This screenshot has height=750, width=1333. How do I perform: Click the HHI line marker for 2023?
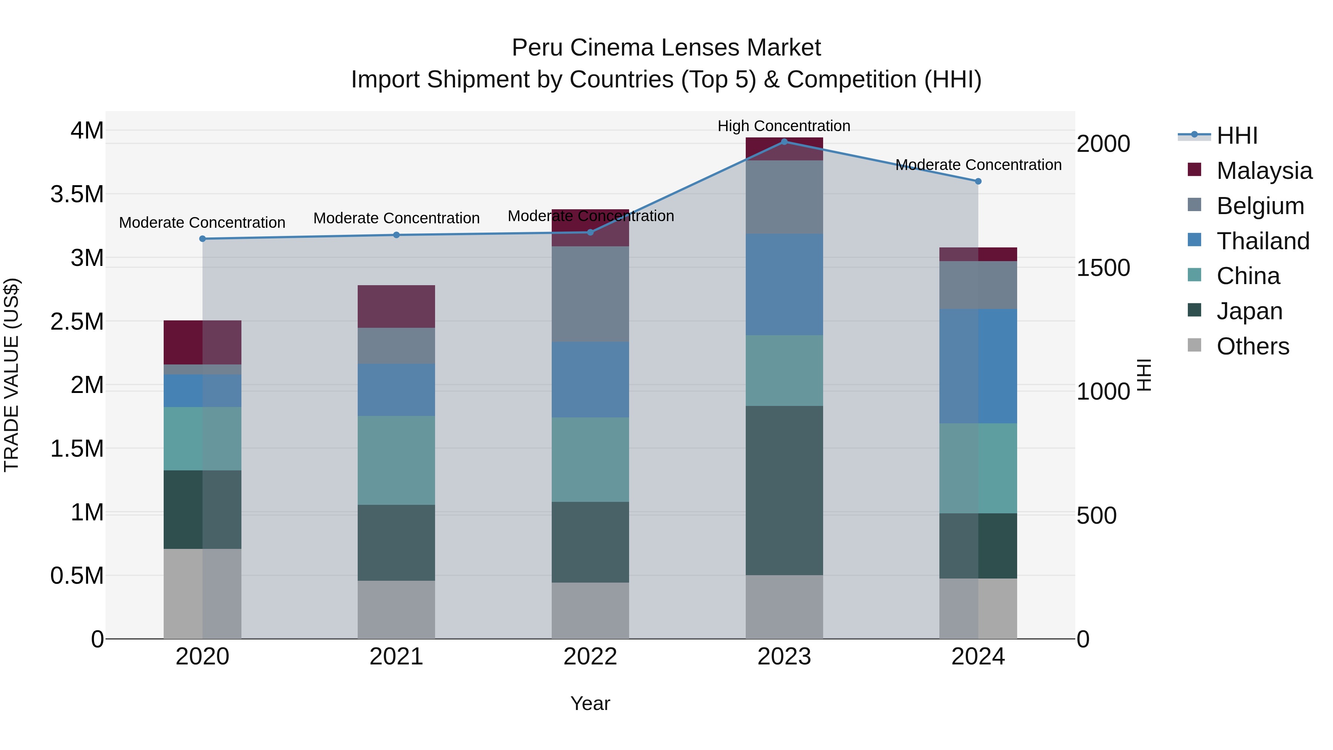coord(784,142)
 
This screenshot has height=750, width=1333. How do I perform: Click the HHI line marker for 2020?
coord(202,239)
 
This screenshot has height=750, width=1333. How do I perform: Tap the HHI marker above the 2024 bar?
coord(978,181)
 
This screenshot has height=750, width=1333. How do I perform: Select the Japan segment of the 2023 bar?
coord(784,490)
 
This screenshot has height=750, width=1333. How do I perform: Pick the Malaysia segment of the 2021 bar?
coord(396,306)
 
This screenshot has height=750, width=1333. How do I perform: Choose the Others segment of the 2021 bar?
coord(396,609)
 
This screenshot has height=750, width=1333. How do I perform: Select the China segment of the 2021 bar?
coord(396,460)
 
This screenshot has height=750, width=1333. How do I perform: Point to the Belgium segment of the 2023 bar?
coord(784,197)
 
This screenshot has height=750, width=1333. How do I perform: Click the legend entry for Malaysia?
coord(1264,171)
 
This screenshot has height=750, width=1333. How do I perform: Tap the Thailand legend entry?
coord(1263,241)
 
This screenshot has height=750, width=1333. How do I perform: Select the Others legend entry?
coord(1252,346)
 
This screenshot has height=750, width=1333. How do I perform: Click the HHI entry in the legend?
coord(1237,136)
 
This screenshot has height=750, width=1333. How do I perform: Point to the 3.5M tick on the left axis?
coord(77,194)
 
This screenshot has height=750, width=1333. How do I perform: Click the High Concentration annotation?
coord(784,126)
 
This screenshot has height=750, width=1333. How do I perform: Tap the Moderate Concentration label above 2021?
coord(396,218)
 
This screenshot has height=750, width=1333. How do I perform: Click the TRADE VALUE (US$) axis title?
coord(11,375)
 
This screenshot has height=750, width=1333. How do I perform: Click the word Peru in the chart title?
coord(532,48)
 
